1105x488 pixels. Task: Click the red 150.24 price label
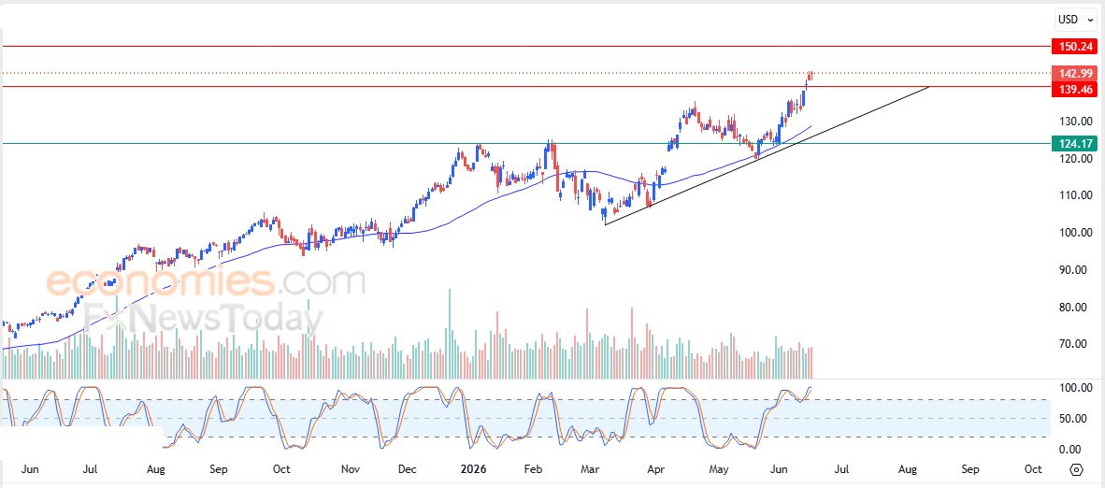1074,47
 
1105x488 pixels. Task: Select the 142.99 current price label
1074,73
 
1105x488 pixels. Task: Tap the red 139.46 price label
1074,89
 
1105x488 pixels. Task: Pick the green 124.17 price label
1074,144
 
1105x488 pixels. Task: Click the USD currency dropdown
1075,20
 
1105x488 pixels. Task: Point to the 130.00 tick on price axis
1075,122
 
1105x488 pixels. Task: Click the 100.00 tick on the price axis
1075,233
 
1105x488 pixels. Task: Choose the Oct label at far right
1033,469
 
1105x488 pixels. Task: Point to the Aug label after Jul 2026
908,469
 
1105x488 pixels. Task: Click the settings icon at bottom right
1076,469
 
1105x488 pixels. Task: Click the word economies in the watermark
160,281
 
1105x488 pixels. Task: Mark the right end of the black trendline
929,86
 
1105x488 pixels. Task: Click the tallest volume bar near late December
449,334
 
